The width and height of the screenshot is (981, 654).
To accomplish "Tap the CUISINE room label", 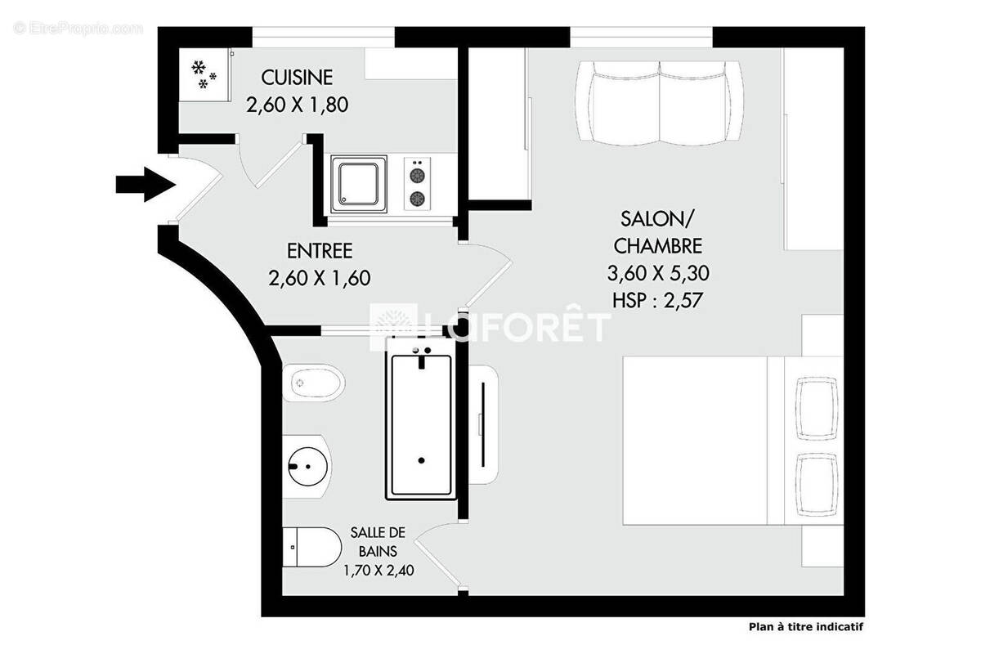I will coord(297,78).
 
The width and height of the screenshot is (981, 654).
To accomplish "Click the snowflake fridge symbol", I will coord(204,74).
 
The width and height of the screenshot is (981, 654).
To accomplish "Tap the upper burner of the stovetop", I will coord(418,174).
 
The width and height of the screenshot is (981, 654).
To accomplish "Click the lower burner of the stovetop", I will coord(418,198).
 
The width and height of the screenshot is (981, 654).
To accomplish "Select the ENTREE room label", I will coord(319,251).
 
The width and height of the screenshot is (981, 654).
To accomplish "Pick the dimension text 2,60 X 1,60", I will coord(319,278).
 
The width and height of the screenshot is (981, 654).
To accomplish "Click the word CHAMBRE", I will coord(657,245).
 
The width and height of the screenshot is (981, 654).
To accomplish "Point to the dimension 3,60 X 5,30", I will coord(657,272).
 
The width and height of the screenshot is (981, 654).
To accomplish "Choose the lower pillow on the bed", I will coord(817,485).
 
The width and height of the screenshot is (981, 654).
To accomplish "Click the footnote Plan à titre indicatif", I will coord(805,628).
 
